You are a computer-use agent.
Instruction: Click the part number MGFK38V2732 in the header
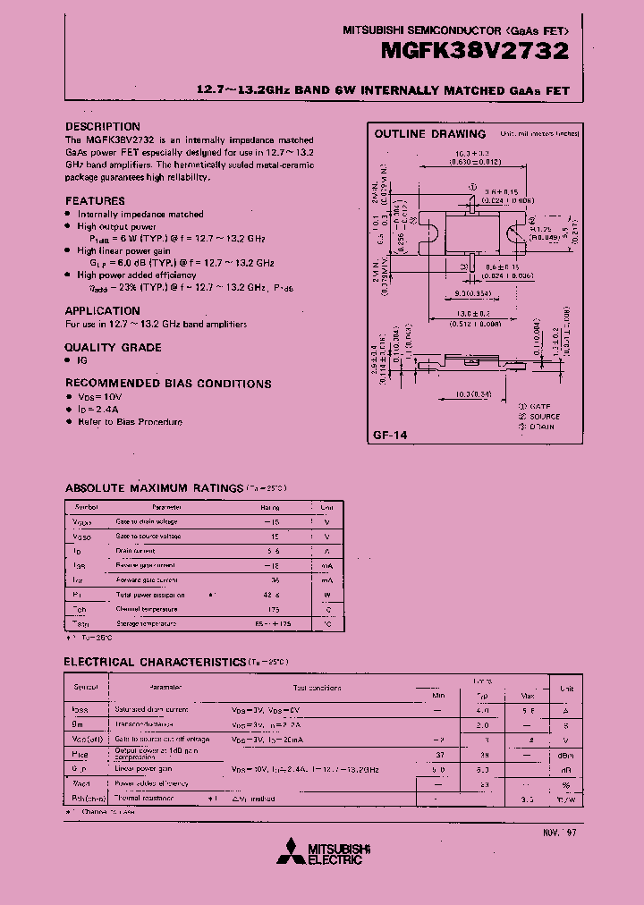click(475, 51)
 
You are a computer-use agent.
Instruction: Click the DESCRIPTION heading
click(103, 127)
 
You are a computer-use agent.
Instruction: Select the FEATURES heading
click(95, 201)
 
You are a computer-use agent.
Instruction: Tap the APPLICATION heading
click(102, 311)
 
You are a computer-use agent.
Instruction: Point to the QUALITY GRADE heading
click(113, 347)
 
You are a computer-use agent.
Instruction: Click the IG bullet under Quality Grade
click(83, 359)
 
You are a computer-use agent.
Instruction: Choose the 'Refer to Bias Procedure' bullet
click(130, 421)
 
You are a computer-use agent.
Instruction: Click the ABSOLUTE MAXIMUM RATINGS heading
click(153, 488)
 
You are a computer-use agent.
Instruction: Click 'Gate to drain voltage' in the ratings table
click(147, 521)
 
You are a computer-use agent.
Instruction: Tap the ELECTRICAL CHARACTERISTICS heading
click(155, 662)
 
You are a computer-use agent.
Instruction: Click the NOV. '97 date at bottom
click(560, 832)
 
